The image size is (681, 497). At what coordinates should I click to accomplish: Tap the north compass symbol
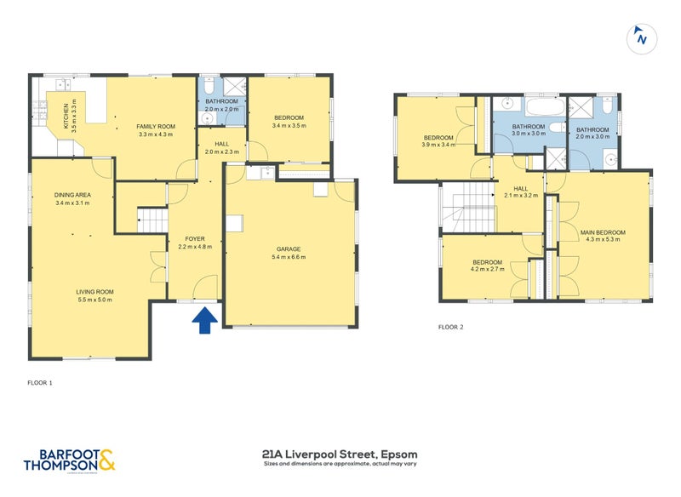coord(641,38)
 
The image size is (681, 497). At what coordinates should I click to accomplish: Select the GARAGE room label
coord(288,249)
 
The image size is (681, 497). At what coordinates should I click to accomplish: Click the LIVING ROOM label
coord(94,292)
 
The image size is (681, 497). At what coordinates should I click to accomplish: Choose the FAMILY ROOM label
coord(155,126)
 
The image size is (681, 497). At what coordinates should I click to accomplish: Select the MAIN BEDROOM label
coord(603,232)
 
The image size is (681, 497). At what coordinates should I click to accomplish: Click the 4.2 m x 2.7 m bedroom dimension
coord(488,269)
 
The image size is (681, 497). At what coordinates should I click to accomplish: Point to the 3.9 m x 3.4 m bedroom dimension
coord(438,144)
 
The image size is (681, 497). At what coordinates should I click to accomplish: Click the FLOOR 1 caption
coord(39,383)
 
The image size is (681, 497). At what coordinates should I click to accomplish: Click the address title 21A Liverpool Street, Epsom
coord(340,454)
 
